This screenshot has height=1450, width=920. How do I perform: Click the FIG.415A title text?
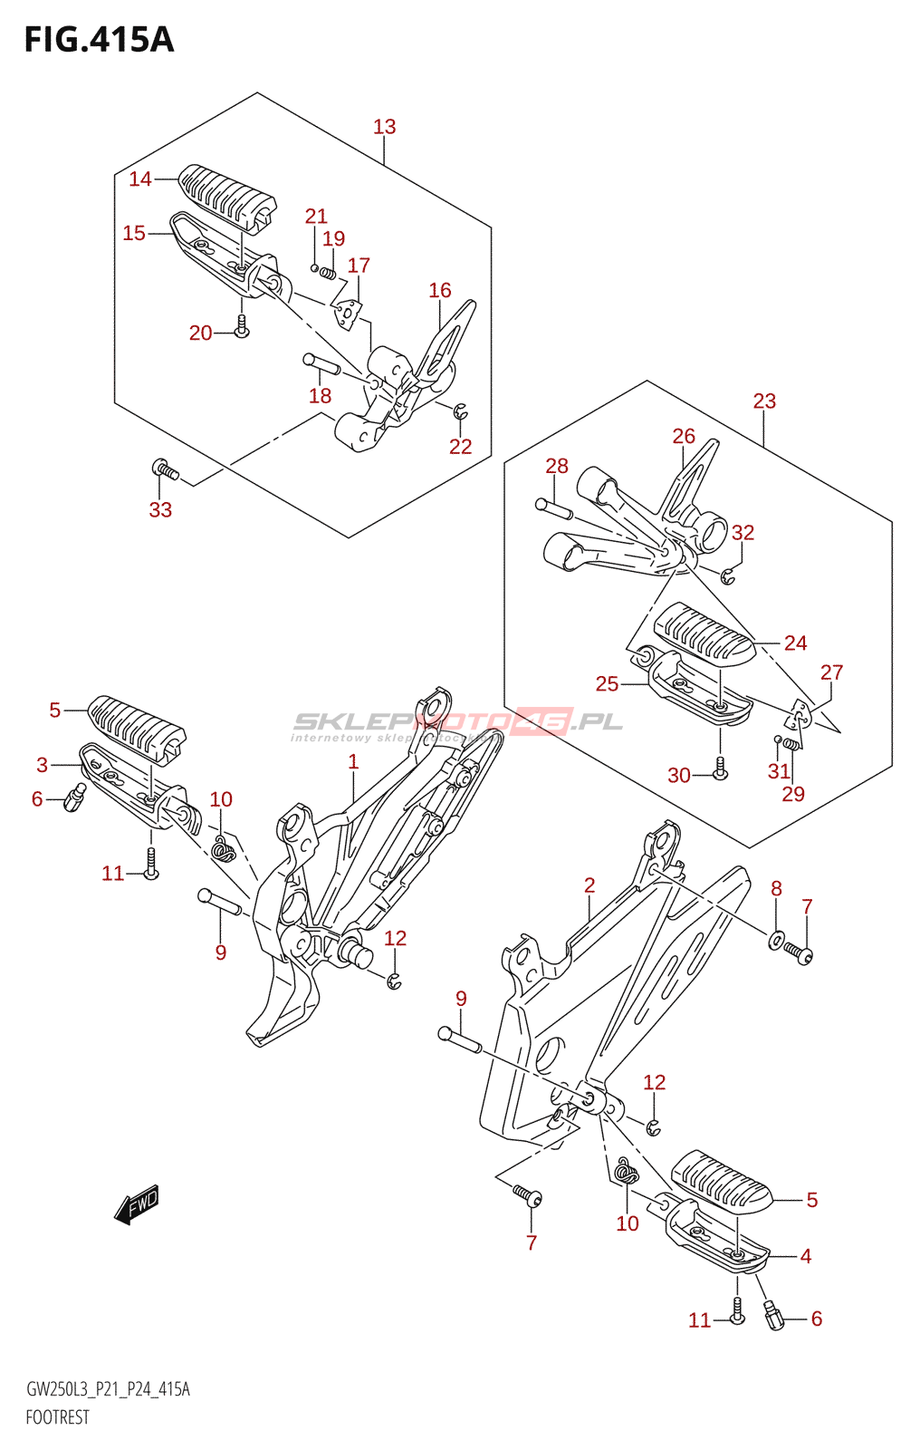[99, 40]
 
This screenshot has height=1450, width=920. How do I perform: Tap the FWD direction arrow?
[137, 1205]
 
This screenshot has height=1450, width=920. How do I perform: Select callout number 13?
[384, 127]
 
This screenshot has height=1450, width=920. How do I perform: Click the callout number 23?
[764, 401]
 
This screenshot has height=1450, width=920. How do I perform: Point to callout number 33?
[160, 510]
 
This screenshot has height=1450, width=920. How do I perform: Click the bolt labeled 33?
[165, 469]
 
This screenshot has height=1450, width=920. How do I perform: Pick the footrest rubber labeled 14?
[226, 193]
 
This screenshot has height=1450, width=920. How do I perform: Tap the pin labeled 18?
[321, 364]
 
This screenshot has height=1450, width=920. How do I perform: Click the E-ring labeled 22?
[461, 412]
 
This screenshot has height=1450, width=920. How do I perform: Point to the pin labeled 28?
[553, 508]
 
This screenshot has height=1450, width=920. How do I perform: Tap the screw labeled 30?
[721, 768]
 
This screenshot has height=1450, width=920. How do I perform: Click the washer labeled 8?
[776, 939]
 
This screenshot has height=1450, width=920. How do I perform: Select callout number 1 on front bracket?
[353, 762]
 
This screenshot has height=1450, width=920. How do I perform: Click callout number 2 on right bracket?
[589, 885]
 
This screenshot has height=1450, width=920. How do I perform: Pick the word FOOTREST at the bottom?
[57, 1417]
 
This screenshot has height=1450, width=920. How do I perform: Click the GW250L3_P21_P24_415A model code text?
[108, 1389]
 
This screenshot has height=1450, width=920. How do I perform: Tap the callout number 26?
[684, 436]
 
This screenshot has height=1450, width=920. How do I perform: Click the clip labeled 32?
[729, 575]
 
